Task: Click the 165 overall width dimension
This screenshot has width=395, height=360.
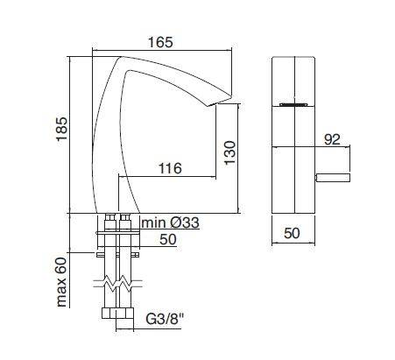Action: pos(159,41)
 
